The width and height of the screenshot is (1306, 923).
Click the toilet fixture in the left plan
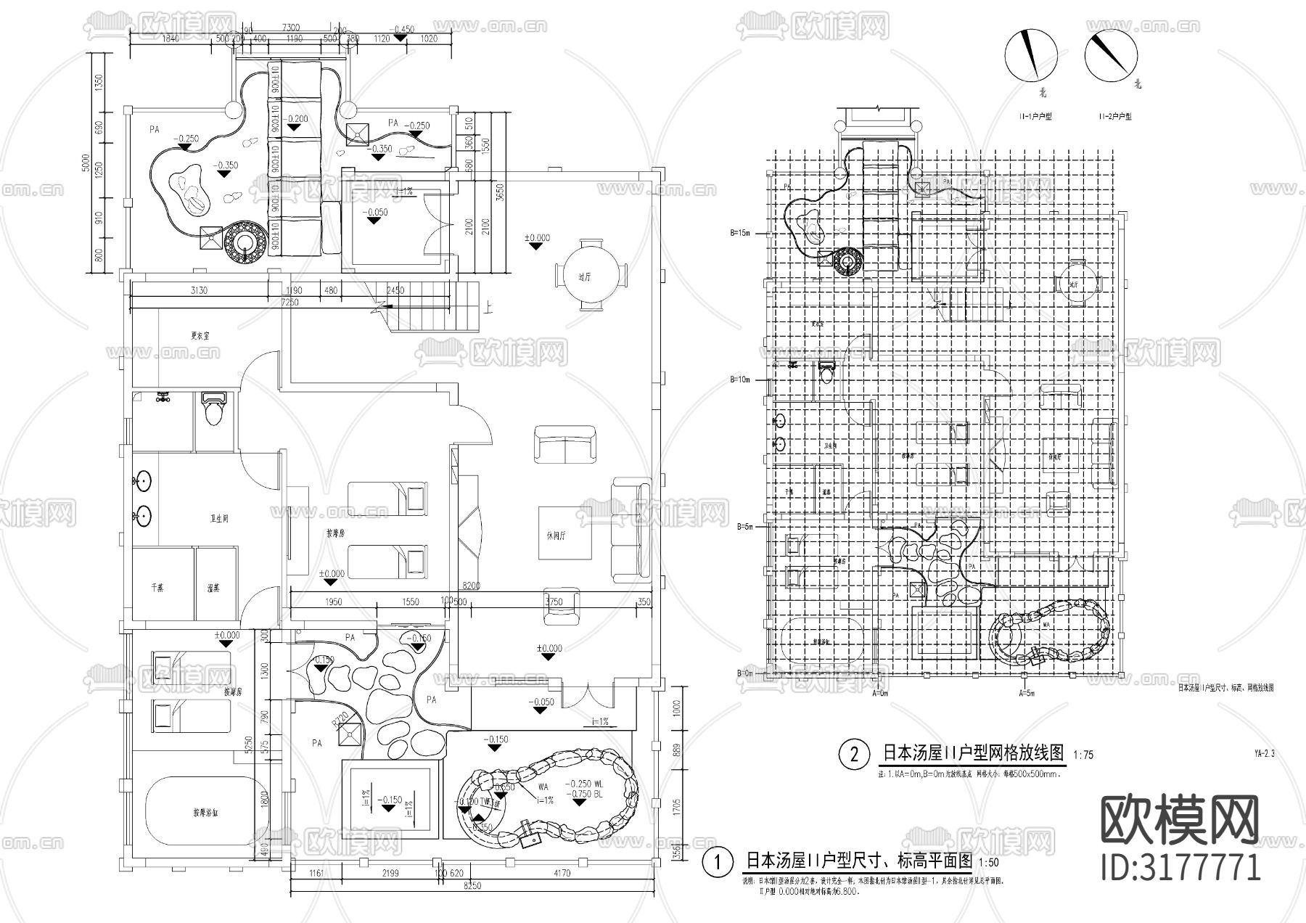tap(213, 409)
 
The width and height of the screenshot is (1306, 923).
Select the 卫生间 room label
tap(220, 519)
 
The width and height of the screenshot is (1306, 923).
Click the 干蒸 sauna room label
tap(157, 588)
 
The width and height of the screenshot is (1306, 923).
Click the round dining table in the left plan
tap(592, 276)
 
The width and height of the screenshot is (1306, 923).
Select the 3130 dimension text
tap(198, 291)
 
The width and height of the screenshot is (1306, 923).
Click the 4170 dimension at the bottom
tap(562, 874)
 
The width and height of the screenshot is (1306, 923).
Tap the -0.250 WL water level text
tap(587, 784)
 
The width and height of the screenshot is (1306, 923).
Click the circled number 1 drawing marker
tap(718, 862)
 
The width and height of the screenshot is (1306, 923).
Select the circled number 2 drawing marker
tap(854, 755)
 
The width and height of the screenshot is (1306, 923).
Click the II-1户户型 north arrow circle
tap(1030, 55)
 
